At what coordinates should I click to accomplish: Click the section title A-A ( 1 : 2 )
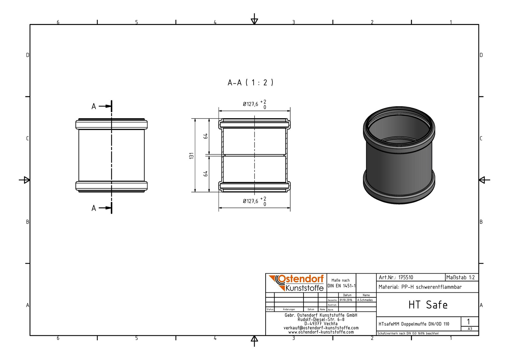(x=250, y=82)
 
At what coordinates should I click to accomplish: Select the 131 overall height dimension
(x=192, y=156)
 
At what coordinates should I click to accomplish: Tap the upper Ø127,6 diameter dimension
(x=254, y=104)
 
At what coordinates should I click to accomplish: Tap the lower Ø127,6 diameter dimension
(x=254, y=201)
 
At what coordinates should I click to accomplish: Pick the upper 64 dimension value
(x=205, y=136)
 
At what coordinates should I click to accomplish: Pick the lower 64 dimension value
(x=205, y=174)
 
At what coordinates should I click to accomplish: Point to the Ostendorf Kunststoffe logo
(x=296, y=283)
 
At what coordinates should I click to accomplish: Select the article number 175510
(x=406, y=278)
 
